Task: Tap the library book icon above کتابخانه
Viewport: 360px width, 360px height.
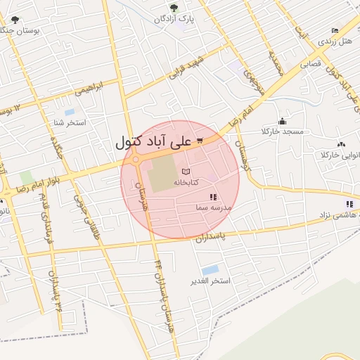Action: pyautogui.click(x=186, y=172)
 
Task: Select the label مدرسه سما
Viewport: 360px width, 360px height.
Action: pyautogui.click(x=214, y=209)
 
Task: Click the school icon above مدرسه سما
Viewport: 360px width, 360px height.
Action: pyautogui.click(x=213, y=198)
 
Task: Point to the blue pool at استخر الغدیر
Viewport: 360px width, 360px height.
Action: pyautogui.click(x=210, y=270)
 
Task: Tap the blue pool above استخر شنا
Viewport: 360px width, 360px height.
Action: pyautogui.click(x=70, y=112)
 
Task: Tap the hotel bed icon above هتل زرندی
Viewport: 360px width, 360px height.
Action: pyautogui.click(x=335, y=31)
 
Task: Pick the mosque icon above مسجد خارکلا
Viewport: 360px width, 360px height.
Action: pyautogui.click(x=282, y=120)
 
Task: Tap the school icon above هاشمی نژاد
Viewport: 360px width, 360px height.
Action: pyautogui.click(x=349, y=205)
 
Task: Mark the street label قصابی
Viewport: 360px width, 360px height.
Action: pyautogui.click(x=311, y=63)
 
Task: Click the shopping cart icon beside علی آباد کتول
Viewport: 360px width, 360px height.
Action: pyautogui.click(x=200, y=141)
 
